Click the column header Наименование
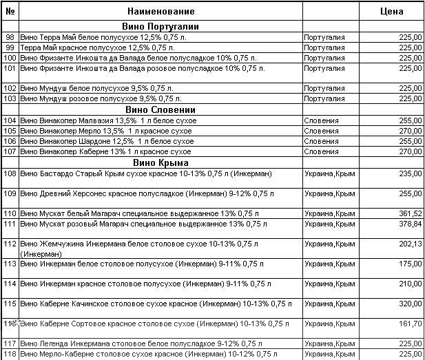click(161, 11)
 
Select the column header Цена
click(391, 11)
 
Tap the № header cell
click(10, 11)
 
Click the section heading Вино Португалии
click(161, 26)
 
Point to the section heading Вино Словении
click(161, 109)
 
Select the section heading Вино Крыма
click(161, 162)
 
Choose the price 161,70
click(411, 323)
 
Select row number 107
click(10, 151)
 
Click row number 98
click(10, 37)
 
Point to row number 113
click(10, 264)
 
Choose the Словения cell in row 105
click(321, 131)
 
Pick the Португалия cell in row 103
click(324, 98)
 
